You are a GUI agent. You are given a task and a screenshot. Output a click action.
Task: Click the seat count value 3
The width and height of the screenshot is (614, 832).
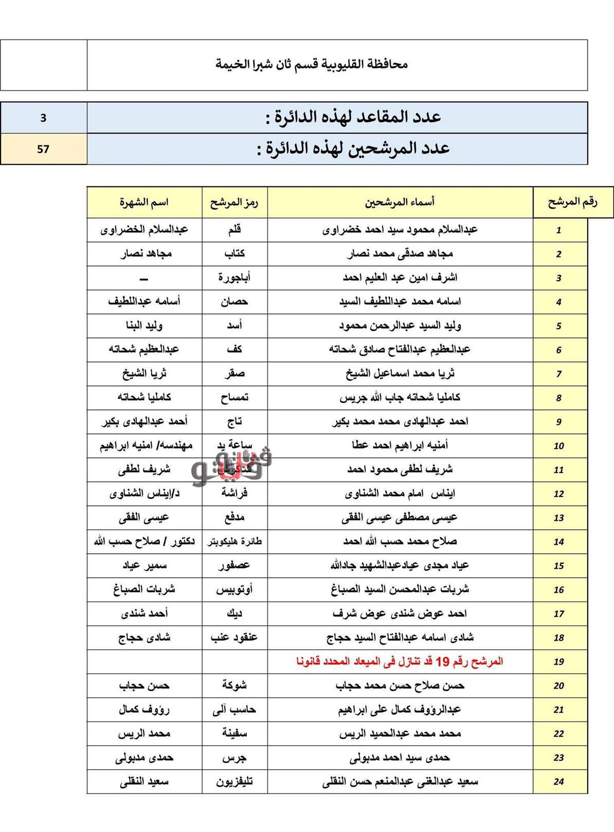pos(43,118)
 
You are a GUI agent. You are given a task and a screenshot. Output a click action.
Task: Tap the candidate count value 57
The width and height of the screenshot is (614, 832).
pos(43,149)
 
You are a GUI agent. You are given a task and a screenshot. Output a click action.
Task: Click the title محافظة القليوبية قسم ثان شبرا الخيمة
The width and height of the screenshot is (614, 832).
pos(311,64)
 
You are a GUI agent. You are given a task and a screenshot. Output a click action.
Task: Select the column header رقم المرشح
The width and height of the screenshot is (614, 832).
pos(572,202)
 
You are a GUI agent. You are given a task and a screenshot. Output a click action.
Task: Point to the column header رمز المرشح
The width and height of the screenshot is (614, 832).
pos(234,202)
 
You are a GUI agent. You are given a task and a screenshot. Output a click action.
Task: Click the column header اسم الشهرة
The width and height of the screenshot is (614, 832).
pos(144,202)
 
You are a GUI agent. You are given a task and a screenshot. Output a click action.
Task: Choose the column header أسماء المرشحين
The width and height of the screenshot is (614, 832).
pos(400,202)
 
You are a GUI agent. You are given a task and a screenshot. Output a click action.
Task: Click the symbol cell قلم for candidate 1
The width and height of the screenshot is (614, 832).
pos(234,229)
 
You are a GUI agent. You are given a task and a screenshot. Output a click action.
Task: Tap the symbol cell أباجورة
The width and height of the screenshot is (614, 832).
pos(234,278)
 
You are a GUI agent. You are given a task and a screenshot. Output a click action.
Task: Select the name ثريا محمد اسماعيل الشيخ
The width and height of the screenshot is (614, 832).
pos(400,373)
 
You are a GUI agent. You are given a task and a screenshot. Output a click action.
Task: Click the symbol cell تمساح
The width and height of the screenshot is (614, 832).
pos(234,397)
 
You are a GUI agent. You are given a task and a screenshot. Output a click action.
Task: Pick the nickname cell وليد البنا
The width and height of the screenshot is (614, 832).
pos(144,325)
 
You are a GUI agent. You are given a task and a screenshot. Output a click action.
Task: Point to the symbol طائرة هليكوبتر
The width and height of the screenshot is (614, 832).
pos(234,541)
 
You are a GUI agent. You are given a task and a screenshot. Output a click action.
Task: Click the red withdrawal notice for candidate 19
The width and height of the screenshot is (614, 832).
pos(400,661)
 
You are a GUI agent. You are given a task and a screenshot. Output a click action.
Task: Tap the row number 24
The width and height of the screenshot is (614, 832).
pos(559,782)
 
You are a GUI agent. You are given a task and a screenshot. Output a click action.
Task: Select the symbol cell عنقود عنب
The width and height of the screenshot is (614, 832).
pos(234,638)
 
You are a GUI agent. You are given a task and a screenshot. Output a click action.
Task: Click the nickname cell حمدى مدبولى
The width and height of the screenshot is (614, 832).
pos(144,757)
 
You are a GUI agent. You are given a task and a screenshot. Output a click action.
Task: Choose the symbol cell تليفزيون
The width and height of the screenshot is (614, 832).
pos(234,782)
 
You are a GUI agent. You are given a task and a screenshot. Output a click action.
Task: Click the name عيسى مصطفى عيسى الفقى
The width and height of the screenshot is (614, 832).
pos(400,517)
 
